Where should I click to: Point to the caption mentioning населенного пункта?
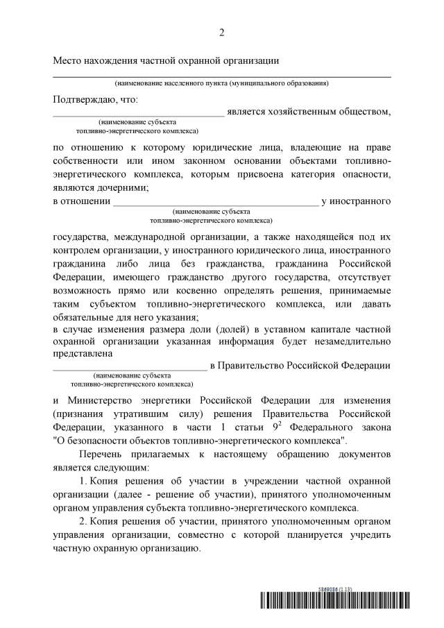click(222, 83)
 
